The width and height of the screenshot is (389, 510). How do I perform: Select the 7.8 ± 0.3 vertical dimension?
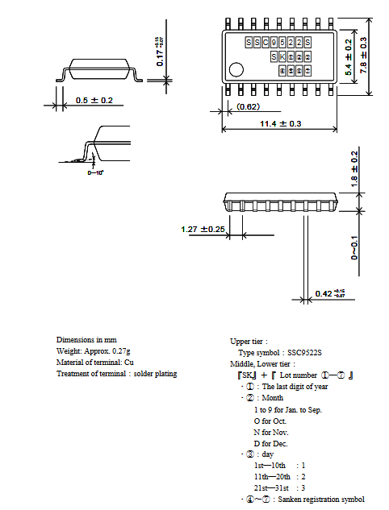click(x=364, y=55)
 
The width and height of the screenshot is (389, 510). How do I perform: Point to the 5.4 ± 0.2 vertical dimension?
click(x=349, y=56)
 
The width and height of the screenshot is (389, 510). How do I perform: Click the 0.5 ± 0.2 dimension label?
click(x=94, y=100)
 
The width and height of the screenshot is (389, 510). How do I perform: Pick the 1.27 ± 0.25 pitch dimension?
click(x=203, y=230)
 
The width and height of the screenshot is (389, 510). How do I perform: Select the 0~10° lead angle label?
click(x=95, y=172)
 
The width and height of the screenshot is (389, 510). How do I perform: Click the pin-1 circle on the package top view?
click(x=236, y=69)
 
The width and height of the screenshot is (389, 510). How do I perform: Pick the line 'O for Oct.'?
click(x=270, y=421)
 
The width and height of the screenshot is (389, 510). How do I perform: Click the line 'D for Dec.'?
click(x=270, y=443)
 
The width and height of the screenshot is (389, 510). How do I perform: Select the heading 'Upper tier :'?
click(x=249, y=342)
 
